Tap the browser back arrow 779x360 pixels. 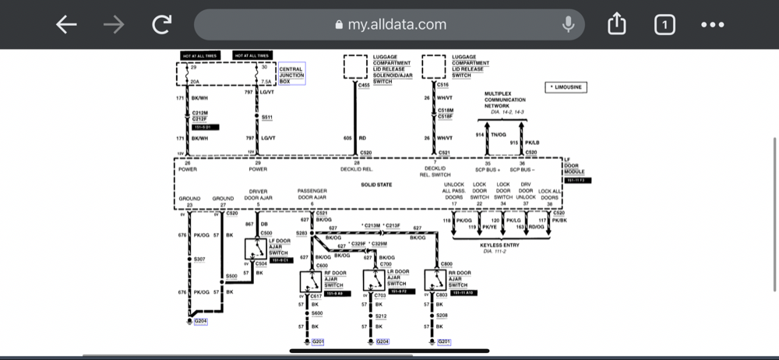click(x=66, y=25)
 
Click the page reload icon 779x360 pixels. click(x=161, y=25)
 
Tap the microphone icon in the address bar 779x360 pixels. click(x=569, y=25)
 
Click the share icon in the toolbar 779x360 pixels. click(x=616, y=25)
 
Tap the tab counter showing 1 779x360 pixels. click(x=664, y=25)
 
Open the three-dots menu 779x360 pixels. click(x=713, y=25)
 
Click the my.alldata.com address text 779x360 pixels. click(x=397, y=25)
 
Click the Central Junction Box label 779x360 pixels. click(x=292, y=73)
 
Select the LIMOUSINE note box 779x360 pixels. click(x=566, y=87)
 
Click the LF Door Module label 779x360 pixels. click(x=573, y=168)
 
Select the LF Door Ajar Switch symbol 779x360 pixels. click(x=253, y=249)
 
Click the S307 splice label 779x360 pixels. click(x=199, y=259)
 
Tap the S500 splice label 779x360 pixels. click(x=231, y=276)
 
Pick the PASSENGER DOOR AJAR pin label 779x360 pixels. click(x=312, y=194)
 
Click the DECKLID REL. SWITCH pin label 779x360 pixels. click(x=435, y=171)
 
